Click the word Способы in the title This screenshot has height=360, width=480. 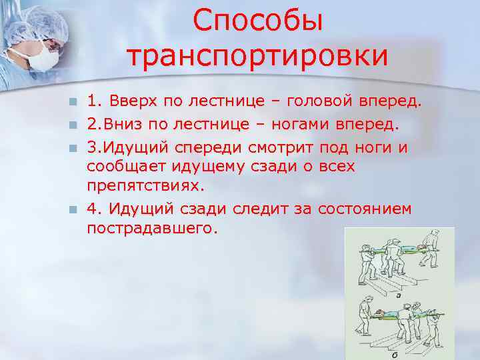click(x=258, y=22)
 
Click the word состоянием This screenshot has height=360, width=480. click(x=364, y=209)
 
